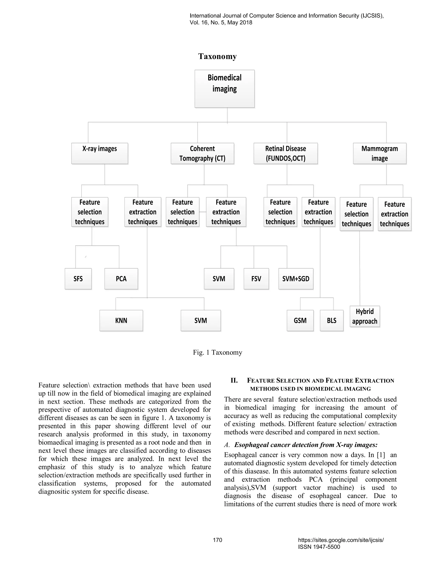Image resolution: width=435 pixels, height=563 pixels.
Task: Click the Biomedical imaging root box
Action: click(x=225, y=88)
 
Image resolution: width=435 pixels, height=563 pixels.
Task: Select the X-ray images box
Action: click(x=99, y=153)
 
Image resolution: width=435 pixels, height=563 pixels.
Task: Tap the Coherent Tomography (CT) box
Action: click(x=202, y=153)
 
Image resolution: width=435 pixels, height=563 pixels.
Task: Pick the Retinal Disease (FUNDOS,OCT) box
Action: click(x=285, y=153)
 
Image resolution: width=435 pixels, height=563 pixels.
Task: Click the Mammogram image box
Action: click(x=380, y=153)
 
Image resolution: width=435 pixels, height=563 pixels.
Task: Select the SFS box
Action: click(x=78, y=279)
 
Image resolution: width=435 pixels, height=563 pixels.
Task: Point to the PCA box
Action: click(x=121, y=279)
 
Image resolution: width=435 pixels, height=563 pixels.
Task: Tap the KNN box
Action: click(x=121, y=320)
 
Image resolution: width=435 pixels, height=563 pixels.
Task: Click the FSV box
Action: click(x=256, y=279)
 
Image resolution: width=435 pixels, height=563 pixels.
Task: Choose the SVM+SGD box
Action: click(x=296, y=279)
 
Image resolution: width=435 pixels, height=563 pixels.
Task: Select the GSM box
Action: click(x=300, y=320)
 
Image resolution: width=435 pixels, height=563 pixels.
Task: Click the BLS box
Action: click(x=332, y=320)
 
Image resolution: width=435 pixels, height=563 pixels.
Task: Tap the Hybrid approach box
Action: click(x=365, y=316)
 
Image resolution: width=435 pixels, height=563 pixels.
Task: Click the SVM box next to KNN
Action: click(x=201, y=320)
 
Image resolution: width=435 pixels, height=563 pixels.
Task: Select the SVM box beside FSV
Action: click(x=219, y=279)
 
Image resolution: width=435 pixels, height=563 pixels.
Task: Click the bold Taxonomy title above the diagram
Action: click(x=217, y=57)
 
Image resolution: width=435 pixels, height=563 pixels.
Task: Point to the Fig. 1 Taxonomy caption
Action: click(x=217, y=352)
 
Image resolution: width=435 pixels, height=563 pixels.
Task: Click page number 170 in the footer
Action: click(x=217, y=540)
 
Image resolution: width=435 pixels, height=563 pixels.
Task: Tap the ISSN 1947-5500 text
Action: click(x=319, y=547)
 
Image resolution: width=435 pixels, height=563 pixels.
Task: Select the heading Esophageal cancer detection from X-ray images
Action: click(x=306, y=445)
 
